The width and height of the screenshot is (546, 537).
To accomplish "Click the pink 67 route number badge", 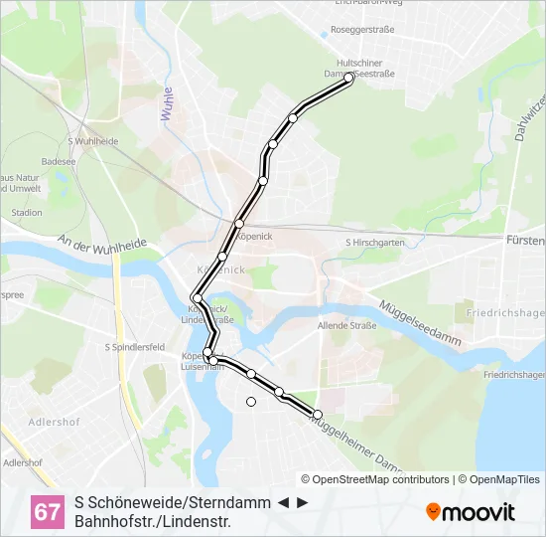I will pyautogui.click(x=47, y=512).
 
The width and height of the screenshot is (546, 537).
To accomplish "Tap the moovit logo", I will pyautogui.click(x=471, y=512).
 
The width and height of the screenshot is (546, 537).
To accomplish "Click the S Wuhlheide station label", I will pyautogui.click(x=93, y=141).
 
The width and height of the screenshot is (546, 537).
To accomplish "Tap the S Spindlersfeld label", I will pyautogui.click(x=134, y=347).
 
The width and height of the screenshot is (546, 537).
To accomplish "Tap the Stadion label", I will pyautogui.click(x=27, y=212).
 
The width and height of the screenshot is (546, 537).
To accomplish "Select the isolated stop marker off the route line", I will pyautogui.click(x=251, y=402).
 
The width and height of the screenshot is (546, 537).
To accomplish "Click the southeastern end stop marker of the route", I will pyautogui.click(x=318, y=415).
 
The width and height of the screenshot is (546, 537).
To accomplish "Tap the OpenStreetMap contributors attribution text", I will pyautogui.click(x=374, y=479).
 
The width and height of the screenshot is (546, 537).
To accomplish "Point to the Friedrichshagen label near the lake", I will pyautogui.click(x=514, y=375).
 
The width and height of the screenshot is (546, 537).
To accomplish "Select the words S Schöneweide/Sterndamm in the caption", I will pyautogui.click(x=172, y=502).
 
